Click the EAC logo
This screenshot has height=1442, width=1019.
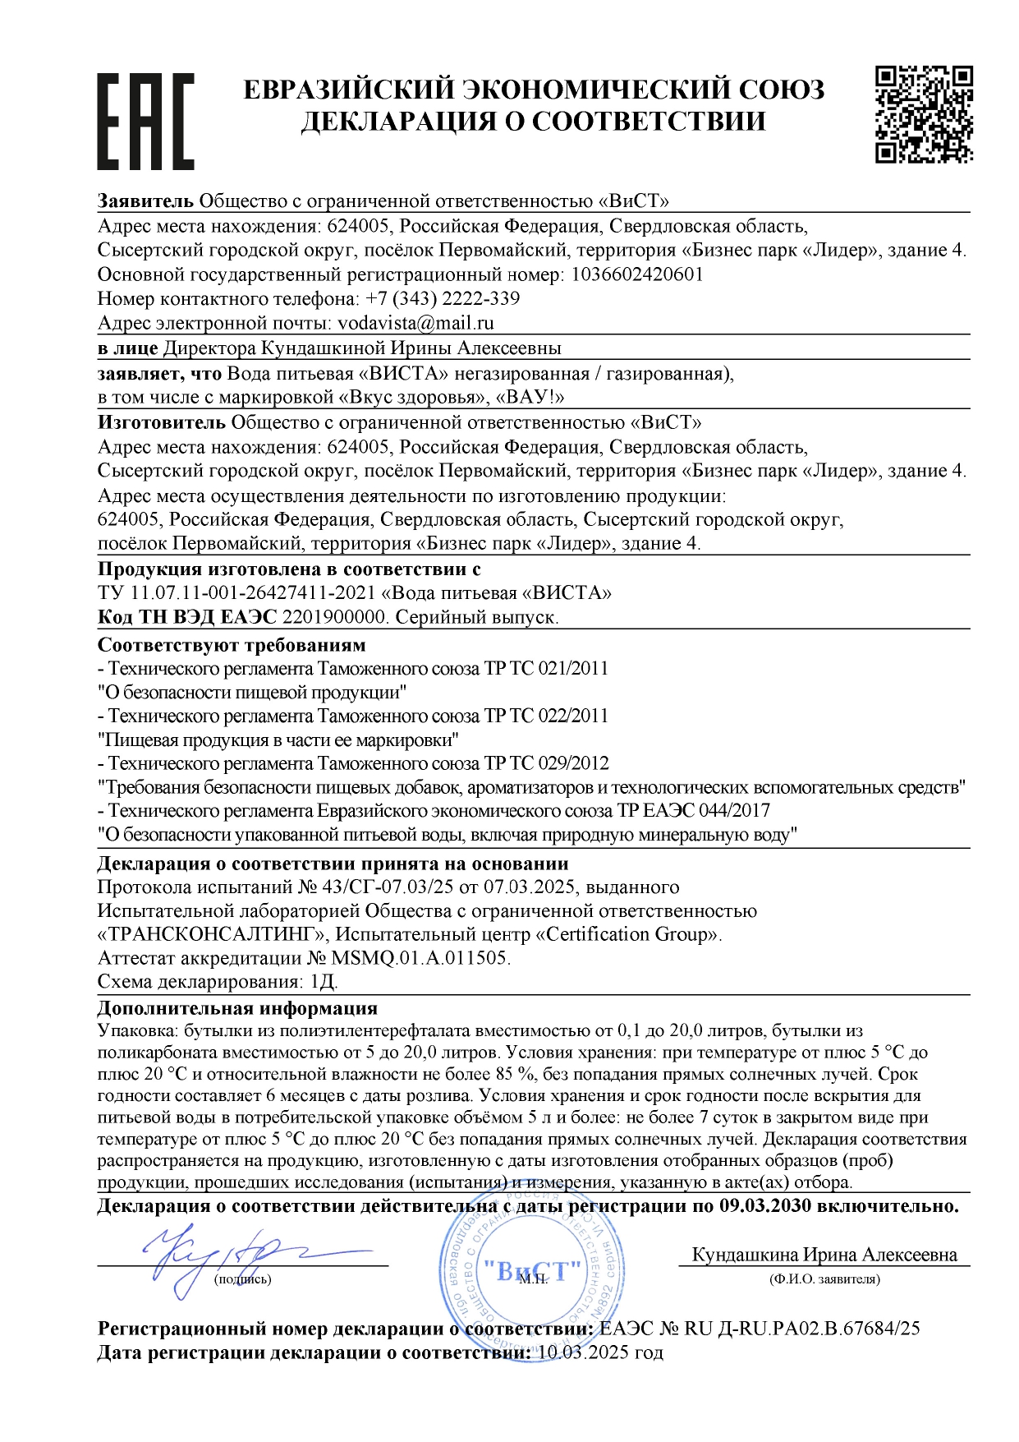click(x=145, y=121)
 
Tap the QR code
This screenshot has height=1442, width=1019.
click(x=924, y=113)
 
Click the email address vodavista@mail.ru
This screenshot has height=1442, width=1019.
click(x=415, y=323)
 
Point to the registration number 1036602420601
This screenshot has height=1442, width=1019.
click(x=637, y=274)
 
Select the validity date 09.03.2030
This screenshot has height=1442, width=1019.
click(x=765, y=1206)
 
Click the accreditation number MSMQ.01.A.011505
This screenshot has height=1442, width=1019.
click(x=420, y=958)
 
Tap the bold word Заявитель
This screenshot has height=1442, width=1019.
click(x=145, y=201)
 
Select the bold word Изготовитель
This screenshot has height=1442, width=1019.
click(x=161, y=423)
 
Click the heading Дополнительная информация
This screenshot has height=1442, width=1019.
click(x=237, y=1008)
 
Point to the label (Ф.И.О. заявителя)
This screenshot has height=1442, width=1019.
click(x=824, y=1279)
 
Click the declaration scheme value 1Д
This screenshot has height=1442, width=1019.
click(x=324, y=982)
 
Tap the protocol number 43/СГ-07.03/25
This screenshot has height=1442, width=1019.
click(x=389, y=887)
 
